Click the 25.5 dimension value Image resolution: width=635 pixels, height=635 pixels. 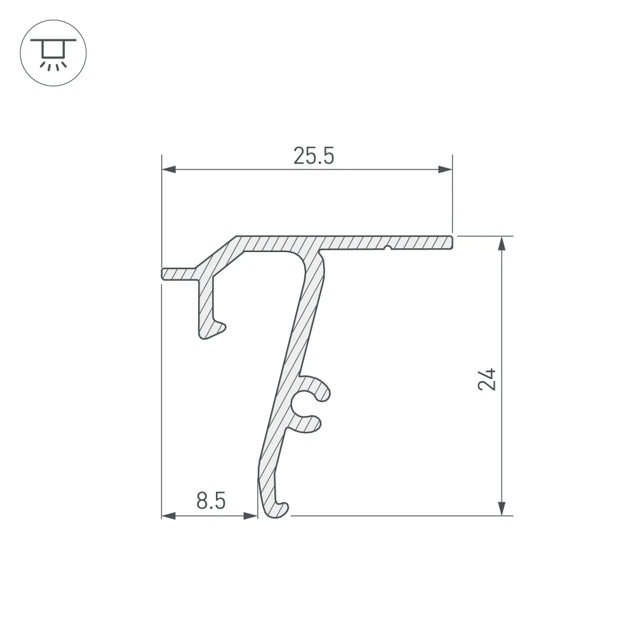(x=314, y=156)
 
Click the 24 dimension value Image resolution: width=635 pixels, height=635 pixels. (x=486, y=379)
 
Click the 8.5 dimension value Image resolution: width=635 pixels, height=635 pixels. (x=211, y=501)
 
